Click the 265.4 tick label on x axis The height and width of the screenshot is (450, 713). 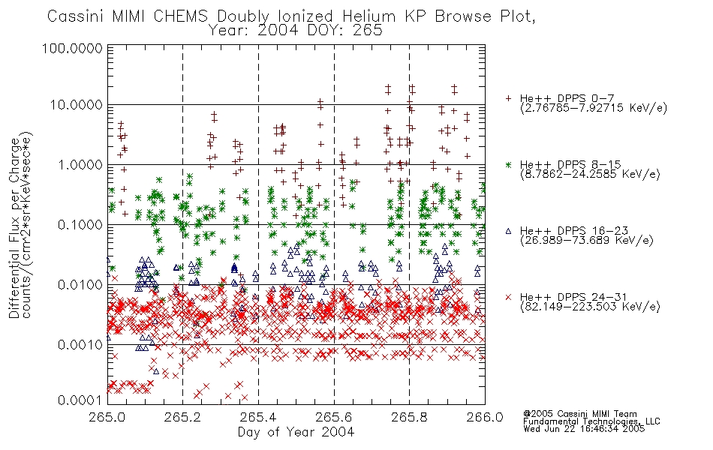click(258, 416)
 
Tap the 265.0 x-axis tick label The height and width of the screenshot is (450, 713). click(107, 416)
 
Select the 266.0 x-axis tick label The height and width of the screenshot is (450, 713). click(485, 416)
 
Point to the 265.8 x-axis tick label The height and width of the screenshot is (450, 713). click(409, 416)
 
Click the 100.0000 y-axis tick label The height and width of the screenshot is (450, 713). click(72, 48)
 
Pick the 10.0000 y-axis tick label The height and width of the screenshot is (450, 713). click(77, 105)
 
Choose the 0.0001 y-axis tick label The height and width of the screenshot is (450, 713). click(80, 400)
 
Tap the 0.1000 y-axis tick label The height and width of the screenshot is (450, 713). click(80, 224)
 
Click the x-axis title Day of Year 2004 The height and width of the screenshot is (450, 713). click(296, 432)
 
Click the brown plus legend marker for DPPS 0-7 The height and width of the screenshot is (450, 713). click(508, 98)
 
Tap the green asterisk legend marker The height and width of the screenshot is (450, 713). click(508, 164)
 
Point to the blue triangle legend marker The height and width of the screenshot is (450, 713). click(508, 231)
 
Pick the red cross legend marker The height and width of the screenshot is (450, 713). click(508, 297)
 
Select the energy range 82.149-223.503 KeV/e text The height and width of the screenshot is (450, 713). click(590, 307)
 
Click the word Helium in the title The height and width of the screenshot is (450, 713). click(369, 16)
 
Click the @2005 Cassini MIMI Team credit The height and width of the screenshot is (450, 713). click(579, 414)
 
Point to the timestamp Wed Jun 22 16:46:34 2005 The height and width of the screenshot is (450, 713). click(584, 428)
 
